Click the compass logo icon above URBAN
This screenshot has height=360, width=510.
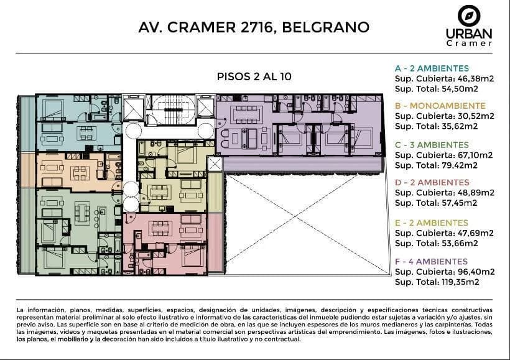(x=469, y=16)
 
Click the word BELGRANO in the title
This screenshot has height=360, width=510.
(x=325, y=27)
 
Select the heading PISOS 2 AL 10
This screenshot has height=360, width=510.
(x=254, y=76)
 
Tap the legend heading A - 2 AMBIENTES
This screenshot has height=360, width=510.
(x=432, y=68)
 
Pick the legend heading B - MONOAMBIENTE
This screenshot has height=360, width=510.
(x=440, y=106)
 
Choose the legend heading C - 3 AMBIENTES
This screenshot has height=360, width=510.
(x=432, y=145)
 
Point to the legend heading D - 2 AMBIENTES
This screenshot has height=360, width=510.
(x=432, y=182)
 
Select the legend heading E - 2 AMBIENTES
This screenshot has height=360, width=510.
(x=431, y=223)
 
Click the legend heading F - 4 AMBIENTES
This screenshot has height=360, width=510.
(x=431, y=262)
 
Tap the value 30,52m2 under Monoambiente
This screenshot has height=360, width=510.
(x=476, y=116)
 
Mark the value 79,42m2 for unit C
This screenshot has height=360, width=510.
(x=459, y=165)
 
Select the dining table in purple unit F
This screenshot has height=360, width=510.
(x=247, y=114)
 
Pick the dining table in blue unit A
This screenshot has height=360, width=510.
(x=86, y=132)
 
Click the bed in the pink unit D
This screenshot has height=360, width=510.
(x=193, y=255)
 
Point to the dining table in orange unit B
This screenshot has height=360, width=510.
(x=80, y=173)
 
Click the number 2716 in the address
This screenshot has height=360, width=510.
(x=256, y=27)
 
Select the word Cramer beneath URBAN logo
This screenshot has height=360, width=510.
(x=469, y=44)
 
